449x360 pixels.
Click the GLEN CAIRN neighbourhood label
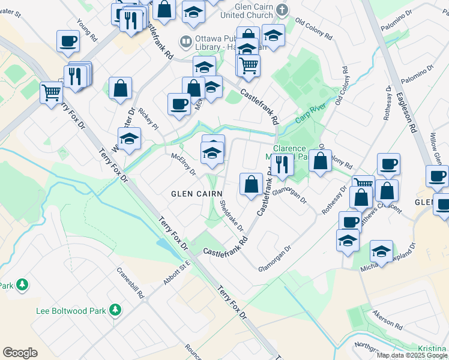click(197, 194)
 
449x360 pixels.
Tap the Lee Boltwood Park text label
click(71, 311)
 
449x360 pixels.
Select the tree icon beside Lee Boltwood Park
click(115, 310)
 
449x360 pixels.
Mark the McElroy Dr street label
click(184, 163)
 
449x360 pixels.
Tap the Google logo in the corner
click(20, 353)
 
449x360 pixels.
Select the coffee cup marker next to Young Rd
click(68, 42)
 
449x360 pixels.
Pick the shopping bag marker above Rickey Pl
click(121, 88)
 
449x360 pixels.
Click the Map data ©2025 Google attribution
click(412, 355)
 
